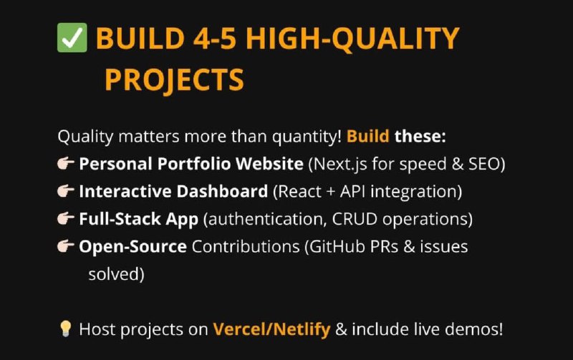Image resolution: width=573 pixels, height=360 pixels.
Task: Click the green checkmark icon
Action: coord(72,38)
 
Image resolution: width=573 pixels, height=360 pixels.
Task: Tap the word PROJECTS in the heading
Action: coord(174,80)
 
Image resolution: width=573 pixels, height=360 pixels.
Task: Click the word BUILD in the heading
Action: coord(140,38)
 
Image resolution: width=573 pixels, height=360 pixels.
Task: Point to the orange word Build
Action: coord(367,136)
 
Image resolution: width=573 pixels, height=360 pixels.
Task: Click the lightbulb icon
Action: coord(65,329)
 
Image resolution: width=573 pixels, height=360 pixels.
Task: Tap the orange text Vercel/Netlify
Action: coord(271,329)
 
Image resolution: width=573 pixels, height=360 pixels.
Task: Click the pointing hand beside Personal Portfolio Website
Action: coord(66,163)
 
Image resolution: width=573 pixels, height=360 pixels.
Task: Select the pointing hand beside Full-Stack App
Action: coord(66,218)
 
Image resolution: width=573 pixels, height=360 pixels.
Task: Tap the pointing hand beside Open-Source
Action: coord(66,246)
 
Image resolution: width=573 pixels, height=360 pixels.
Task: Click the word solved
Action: coord(114,274)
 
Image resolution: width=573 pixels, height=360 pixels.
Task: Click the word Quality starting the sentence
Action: coord(85,137)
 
